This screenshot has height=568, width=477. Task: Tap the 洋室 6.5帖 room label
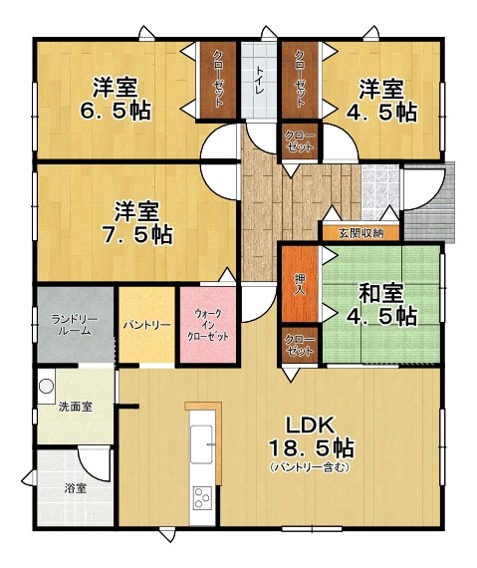[116, 99]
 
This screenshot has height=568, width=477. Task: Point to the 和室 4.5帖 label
[380, 304]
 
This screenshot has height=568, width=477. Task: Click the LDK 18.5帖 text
[311, 436]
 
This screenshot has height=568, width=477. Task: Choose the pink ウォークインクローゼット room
[207, 325]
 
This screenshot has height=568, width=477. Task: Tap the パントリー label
[146, 325]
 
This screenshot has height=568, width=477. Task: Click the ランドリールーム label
[75, 325]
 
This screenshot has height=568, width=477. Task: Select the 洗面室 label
[76, 408]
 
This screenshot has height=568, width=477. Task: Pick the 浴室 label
[76, 489]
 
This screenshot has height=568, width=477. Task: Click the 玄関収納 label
[360, 233]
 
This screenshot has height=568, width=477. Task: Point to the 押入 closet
[300, 284]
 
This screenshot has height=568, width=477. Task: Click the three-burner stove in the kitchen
[203, 498]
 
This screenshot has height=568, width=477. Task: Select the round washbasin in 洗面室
[47, 387]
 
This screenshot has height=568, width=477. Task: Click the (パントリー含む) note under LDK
[310, 467]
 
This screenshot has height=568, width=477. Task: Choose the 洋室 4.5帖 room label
[380, 100]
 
